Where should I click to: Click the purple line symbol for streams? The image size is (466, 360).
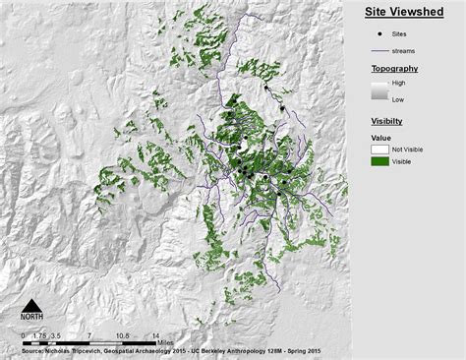click(x=381, y=51)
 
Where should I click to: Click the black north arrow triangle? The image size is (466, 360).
click(x=32, y=304)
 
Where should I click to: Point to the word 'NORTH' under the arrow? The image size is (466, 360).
click(x=32, y=318)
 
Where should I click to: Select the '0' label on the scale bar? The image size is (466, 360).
click(x=23, y=335)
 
